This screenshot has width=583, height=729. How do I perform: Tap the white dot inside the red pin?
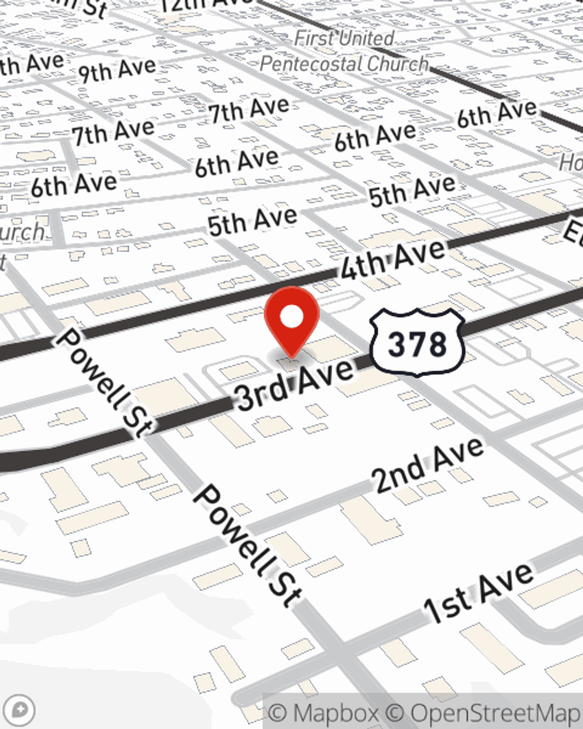[292, 317]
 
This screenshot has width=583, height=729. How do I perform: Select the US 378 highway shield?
[417, 342]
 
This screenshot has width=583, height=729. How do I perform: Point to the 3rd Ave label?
[295, 383]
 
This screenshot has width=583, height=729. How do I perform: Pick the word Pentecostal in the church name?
[309, 64]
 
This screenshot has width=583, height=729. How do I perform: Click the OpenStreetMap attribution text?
[496, 713]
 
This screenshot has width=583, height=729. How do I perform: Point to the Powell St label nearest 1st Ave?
[248, 545]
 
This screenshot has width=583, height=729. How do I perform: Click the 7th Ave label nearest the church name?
[250, 110]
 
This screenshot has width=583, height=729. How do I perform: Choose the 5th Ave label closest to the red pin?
[252, 221]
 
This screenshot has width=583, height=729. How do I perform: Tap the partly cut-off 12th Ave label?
[204, 5]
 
